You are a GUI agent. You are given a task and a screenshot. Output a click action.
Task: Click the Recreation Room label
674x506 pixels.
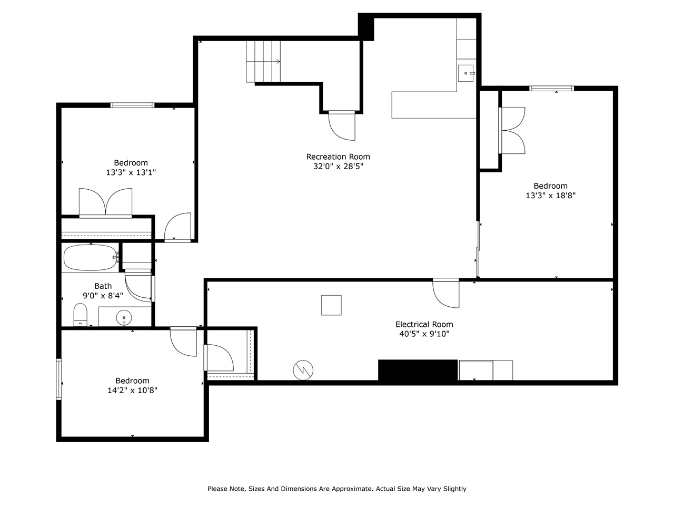click(x=338, y=157)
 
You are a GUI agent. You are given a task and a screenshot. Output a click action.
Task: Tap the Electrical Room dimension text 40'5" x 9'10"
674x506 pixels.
click(x=424, y=334)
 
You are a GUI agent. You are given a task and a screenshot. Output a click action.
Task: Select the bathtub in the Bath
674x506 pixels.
click(x=90, y=257)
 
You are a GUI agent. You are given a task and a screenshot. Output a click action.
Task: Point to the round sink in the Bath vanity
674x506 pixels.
click(x=124, y=317)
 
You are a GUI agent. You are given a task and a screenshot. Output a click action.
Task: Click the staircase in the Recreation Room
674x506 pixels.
click(x=263, y=62)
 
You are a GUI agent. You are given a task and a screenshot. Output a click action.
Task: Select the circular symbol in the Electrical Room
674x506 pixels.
click(x=303, y=370)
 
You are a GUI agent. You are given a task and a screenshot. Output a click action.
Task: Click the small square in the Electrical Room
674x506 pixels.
click(x=331, y=305)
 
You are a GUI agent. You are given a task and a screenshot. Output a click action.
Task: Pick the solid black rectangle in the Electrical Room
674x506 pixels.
click(x=418, y=370)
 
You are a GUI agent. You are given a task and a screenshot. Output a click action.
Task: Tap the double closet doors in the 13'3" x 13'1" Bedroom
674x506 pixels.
click(x=105, y=202)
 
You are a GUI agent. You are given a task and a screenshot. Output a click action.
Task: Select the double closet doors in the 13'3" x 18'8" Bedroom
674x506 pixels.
click(x=512, y=130)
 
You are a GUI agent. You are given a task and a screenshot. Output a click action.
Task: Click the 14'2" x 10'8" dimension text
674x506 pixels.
click(x=132, y=391)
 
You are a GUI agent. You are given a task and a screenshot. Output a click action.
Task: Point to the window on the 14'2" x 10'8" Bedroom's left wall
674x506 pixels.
click(x=59, y=379)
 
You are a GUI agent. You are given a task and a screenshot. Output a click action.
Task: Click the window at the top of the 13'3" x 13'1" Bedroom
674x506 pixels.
click(x=132, y=105)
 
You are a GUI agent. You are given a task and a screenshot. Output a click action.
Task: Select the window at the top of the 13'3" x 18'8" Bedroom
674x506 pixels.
click(x=551, y=88)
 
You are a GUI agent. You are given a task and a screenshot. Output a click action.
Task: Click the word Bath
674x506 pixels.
click(x=103, y=286)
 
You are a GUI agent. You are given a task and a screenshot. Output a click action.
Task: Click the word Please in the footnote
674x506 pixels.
click(x=218, y=489)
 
